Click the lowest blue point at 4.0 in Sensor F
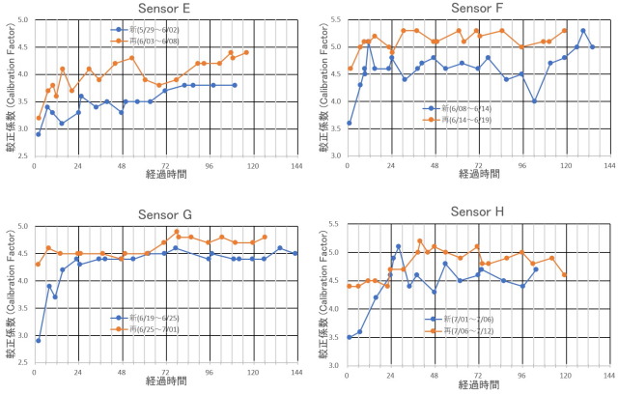click(535, 100)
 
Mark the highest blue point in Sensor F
click(582, 31)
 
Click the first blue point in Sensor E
click(39, 133)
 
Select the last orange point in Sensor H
click(565, 274)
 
